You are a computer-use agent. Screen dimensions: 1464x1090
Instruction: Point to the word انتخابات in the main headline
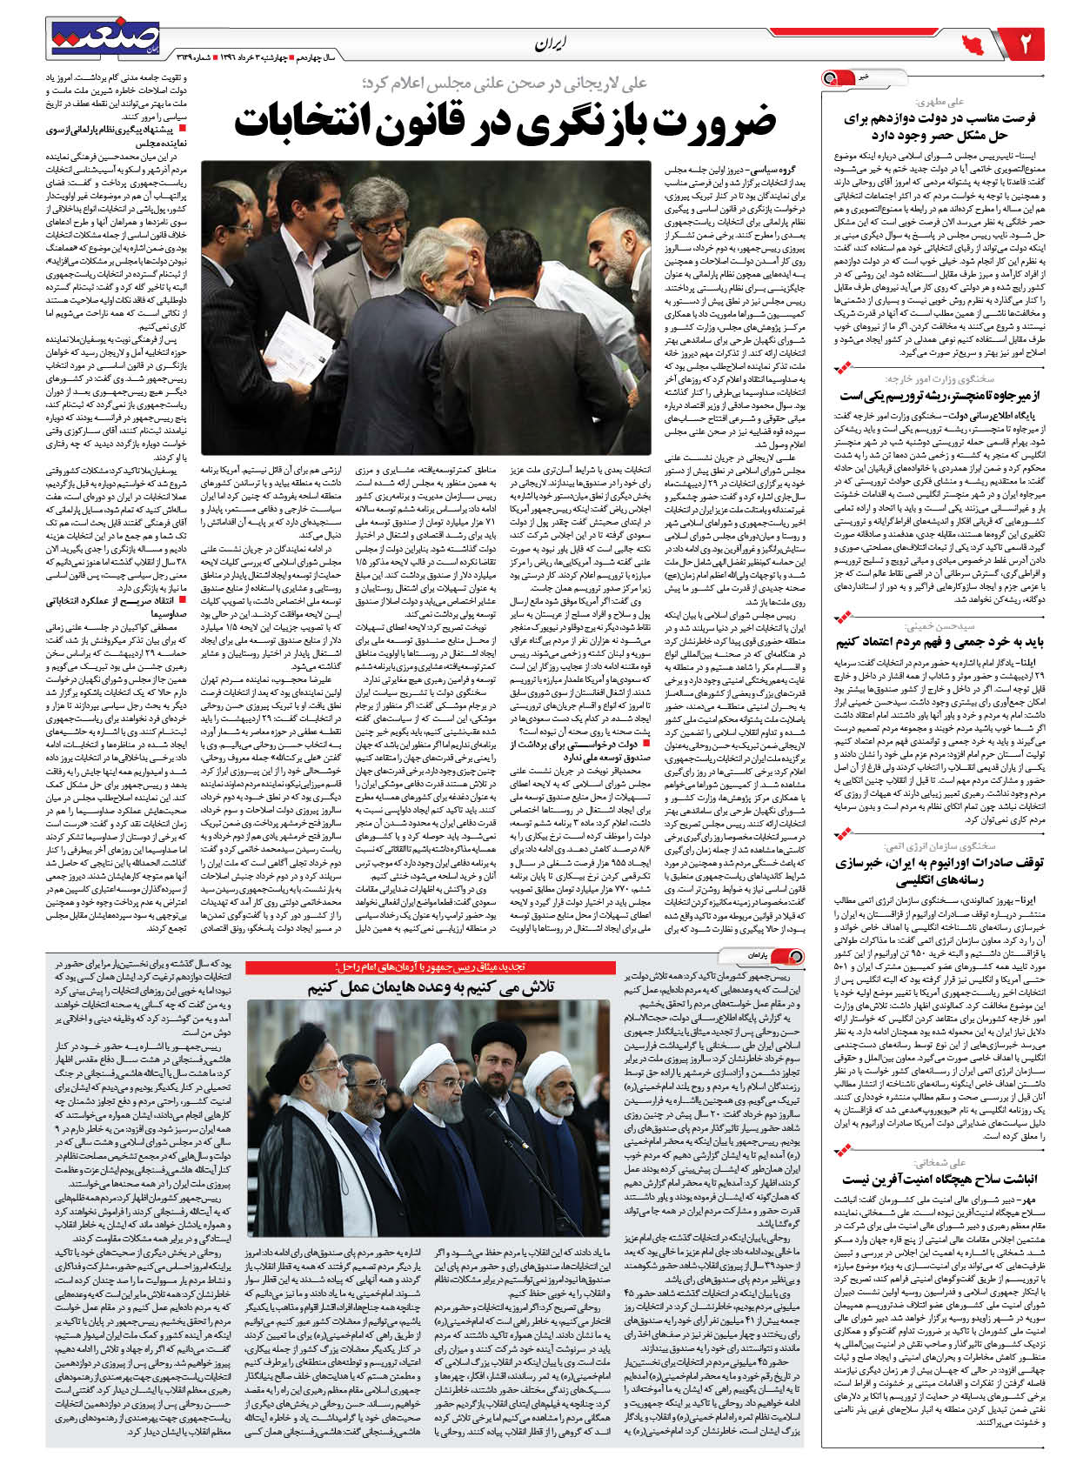click(301, 124)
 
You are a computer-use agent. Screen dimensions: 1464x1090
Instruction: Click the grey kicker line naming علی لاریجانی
click(505, 84)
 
